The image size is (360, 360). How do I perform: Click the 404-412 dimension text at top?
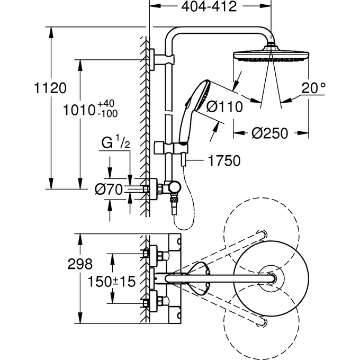[209, 7]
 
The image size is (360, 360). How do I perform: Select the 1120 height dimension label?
[50, 88]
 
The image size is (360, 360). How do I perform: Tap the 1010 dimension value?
[79, 110]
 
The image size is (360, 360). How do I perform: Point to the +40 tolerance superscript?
[106, 104]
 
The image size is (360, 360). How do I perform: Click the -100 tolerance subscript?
[107, 114]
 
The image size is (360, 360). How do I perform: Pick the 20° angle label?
[313, 88]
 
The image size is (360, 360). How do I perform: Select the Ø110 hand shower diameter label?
[224, 107]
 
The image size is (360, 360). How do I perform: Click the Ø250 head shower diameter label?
[269, 133]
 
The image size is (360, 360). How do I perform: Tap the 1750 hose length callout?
[224, 160]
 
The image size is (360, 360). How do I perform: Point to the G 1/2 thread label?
[116, 142]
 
